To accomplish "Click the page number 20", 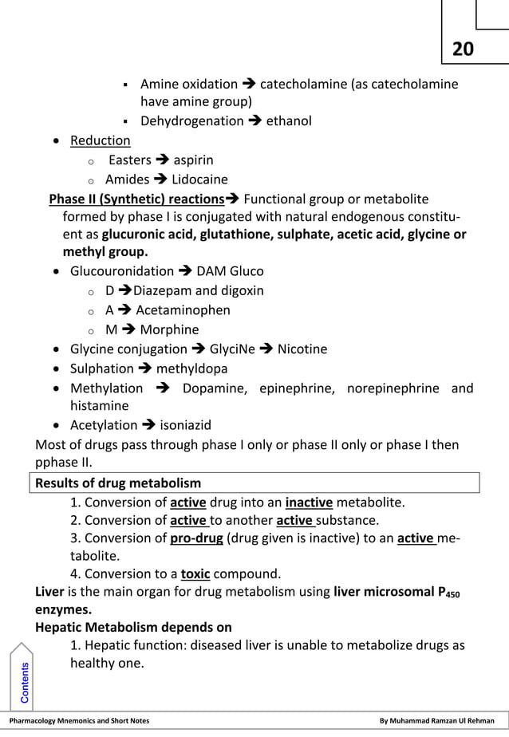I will pyautogui.click(x=463, y=49).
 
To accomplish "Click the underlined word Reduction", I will pyautogui.click(x=100, y=140).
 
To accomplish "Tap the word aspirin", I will pyautogui.click(x=193, y=160).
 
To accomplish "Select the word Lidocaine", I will pyautogui.click(x=199, y=179).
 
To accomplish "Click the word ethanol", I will pyautogui.click(x=288, y=121).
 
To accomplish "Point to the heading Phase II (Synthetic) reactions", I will pyautogui.click(x=136, y=199).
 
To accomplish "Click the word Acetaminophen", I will pyautogui.click(x=183, y=310).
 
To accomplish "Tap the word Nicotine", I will pyautogui.click(x=302, y=349).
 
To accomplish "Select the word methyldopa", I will pyautogui.click(x=191, y=368).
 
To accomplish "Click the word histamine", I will pyautogui.click(x=99, y=406).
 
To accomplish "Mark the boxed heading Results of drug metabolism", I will pyautogui.click(x=118, y=483).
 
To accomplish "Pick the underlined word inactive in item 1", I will pyautogui.click(x=309, y=503).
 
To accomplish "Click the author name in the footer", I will pyautogui.click(x=436, y=721).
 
